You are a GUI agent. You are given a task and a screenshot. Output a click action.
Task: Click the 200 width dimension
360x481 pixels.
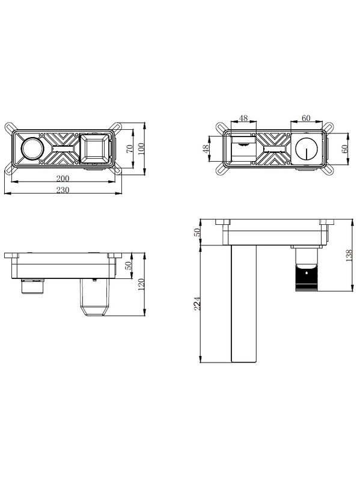click(x=63, y=178)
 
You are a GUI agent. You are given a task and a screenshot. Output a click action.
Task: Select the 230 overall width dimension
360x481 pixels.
click(x=63, y=190)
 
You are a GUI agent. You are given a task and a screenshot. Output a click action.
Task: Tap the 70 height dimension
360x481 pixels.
click(x=130, y=149)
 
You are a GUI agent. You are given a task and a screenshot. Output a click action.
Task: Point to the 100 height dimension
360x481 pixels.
click(x=141, y=149)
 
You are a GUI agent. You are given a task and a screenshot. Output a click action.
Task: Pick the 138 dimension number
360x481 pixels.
click(x=349, y=255)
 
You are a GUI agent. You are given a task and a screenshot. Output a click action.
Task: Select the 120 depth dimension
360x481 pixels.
click(x=141, y=284)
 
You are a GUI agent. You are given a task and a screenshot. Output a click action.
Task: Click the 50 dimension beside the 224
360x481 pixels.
click(x=197, y=232)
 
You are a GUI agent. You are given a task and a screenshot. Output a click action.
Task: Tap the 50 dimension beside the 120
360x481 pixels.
click(x=129, y=265)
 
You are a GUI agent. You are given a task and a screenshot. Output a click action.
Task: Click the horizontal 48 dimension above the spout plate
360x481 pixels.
click(x=243, y=118)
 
